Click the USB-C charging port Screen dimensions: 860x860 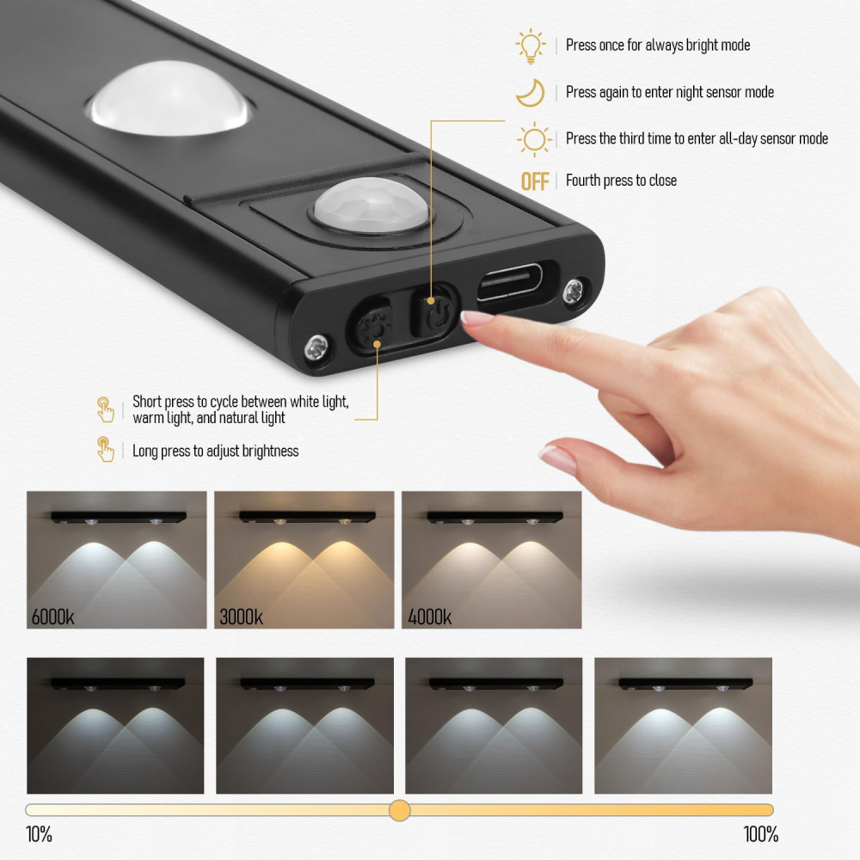[509, 282]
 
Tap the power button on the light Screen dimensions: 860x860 [434, 312]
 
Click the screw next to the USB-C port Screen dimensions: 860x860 [574, 290]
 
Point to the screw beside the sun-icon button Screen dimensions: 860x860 [317, 347]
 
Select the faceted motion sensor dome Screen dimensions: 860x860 [371, 204]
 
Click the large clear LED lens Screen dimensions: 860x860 [169, 98]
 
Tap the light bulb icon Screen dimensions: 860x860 [531, 46]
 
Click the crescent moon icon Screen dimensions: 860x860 [531, 92]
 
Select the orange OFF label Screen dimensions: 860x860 [535, 181]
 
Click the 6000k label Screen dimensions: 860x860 [52, 617]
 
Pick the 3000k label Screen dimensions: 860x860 [242, 617]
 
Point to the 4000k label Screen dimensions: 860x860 [429, 617]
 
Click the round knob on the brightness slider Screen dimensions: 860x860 [400, 810]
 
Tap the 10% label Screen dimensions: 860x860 [39, 834]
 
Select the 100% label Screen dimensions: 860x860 [761, 834]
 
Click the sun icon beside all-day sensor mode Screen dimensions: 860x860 [534, 139]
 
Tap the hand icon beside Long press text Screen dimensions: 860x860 [105, 449]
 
